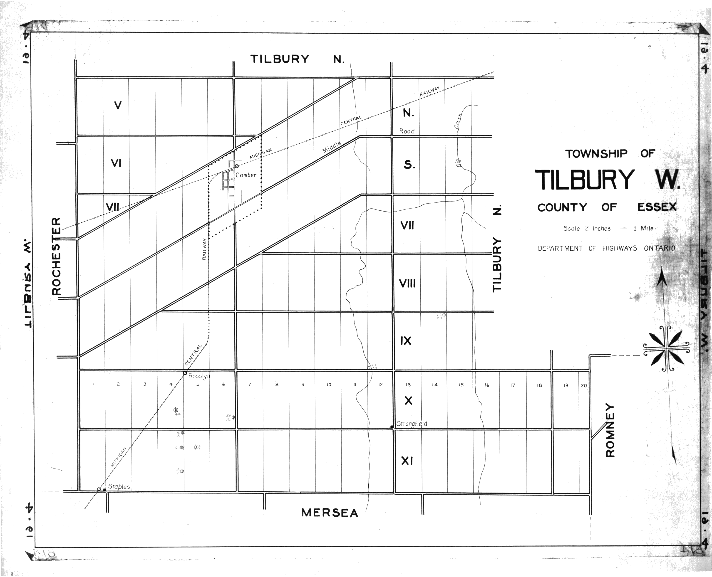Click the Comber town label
coord(246,175)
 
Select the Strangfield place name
coord(412,424)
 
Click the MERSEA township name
coord(330,513)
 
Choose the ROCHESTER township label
coord(57,256)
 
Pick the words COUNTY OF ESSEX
coord(607,207)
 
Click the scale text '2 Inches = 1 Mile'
coord(608,228)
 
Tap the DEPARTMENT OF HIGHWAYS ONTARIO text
coord(606,248)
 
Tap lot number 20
coord(584,386)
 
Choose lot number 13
coord(408,385)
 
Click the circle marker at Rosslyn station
coord(185,373)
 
